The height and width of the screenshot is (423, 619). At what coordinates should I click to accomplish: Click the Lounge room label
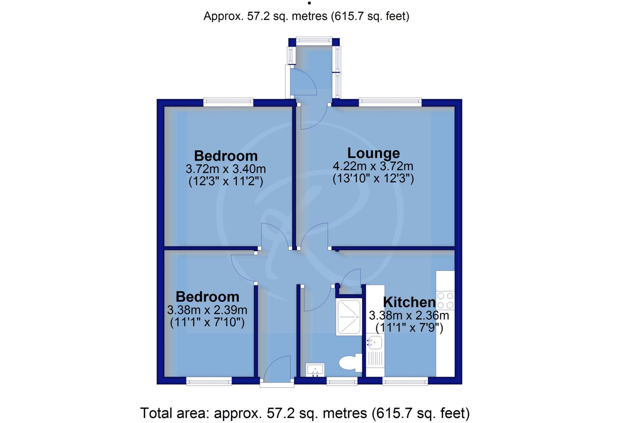[x=373, y=153]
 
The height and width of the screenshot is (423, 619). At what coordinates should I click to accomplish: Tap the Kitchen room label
[x=409, y=302]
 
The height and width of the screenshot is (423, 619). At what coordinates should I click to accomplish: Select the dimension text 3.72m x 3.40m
[x=225, y=168]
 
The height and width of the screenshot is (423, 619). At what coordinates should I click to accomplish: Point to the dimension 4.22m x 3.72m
[x=373, y=166]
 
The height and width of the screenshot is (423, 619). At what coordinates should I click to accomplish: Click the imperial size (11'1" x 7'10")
[x=207, y=322]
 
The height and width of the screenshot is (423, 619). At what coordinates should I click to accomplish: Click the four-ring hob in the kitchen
[x=445, y=300]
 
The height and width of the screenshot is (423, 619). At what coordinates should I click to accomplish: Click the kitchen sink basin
[x=375, y=343]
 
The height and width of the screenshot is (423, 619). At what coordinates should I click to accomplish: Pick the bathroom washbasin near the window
[x=315, y=370]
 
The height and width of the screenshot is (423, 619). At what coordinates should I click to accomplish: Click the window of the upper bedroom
[x=228, y=102]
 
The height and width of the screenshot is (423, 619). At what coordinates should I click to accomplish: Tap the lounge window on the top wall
[x=390, y=102]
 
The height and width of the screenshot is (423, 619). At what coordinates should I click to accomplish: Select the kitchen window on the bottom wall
[x=405, y=382]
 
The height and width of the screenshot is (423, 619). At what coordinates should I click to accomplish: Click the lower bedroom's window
[x=209, y=382]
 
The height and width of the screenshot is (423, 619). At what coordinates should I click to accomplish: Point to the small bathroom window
[x=342, y=382]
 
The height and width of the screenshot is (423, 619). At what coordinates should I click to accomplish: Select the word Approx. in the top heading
[x=223, y=16]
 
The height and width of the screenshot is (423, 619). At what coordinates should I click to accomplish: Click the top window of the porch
[x=313, y=40]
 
